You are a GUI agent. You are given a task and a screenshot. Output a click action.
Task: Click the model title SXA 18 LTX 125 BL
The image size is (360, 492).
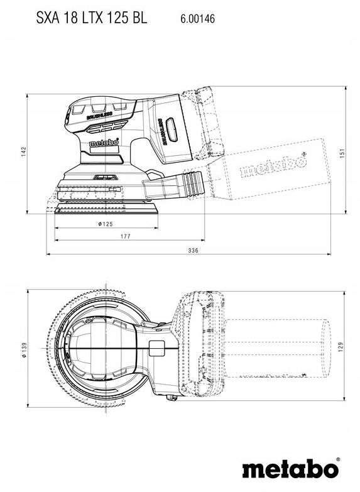91,18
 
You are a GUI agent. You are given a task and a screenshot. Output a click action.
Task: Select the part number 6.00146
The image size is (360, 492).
197,19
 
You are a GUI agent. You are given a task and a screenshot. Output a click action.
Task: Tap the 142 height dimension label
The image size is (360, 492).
24,152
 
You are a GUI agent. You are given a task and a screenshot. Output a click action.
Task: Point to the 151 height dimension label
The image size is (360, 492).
342,153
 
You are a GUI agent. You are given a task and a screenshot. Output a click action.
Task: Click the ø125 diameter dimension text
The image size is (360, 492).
106,224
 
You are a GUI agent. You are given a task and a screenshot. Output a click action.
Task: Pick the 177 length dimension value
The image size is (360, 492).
125,236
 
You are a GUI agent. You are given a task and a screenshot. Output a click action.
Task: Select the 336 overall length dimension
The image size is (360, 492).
194,250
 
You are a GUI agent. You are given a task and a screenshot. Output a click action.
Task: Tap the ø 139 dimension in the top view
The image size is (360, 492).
25,349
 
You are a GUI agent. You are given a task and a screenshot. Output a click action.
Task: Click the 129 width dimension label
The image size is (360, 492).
341,347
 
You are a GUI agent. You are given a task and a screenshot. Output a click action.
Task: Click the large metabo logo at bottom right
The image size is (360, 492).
290,469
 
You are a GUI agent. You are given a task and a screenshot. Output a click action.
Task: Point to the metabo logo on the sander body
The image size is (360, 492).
104,143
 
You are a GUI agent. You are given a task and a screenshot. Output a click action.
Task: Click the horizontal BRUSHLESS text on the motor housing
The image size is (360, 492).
99,115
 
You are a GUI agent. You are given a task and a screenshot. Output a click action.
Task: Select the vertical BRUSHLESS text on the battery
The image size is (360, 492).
163,131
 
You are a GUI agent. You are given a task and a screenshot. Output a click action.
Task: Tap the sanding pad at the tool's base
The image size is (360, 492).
106,208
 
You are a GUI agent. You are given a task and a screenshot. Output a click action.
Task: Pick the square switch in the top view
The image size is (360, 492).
156,349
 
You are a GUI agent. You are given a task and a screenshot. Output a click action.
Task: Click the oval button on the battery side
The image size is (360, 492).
172,129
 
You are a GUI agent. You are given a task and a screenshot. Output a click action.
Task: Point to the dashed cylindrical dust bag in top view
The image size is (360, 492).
276,347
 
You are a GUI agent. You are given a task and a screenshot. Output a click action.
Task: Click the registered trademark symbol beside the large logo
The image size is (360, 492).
338,459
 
